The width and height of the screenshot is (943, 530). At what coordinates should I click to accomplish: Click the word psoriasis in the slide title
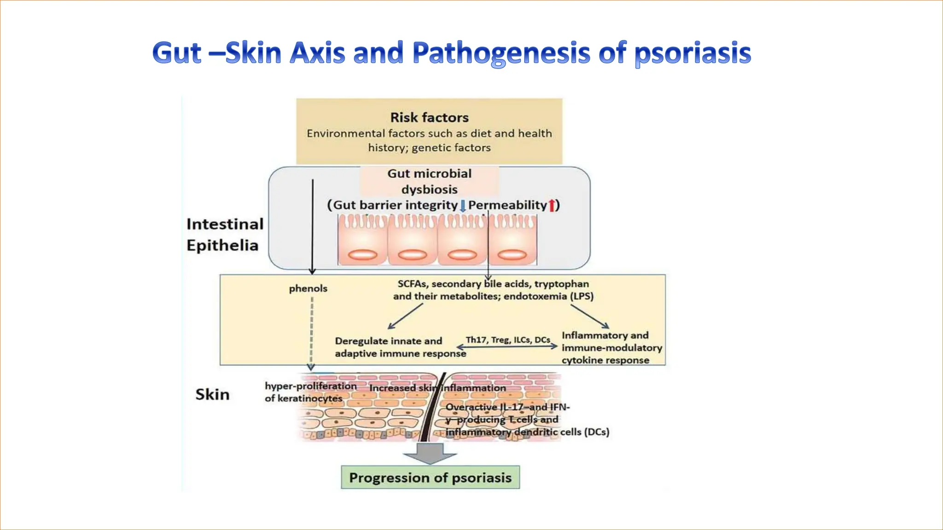pyautogui.click(x=693, y=53)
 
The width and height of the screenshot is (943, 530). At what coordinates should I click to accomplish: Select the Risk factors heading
pyautogui.click(x=429, y=117)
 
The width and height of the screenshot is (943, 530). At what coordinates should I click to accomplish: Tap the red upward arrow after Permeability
pyautogui.click(x=551, y=205)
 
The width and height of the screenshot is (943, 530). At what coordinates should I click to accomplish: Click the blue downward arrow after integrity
pyautogui.click(x=463, y=206)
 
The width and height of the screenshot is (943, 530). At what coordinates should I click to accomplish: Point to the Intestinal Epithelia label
pyautogui.click(x=225, y=235)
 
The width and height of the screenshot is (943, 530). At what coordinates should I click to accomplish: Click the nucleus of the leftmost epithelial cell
pyautogui.click(x=363, y=254)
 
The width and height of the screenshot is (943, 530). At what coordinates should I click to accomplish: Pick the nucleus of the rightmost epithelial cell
pyautogui.click(x=512, y=254)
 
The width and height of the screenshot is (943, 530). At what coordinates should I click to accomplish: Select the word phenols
pyautogui.click(x=308, y=288)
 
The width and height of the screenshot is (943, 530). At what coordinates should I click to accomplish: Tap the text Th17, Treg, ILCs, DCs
pyautogui.click(x=508, y=340)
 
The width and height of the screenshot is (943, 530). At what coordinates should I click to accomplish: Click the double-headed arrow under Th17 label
pyautogui.click(x=507, y=347)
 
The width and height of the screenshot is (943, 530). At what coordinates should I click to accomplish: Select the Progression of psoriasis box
pyautogui.click(x=430, y=478)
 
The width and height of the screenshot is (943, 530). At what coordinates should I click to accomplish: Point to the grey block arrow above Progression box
pyautogui.click(x=430, y=454)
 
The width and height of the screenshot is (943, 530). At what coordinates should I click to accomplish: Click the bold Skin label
pyautogui.click(x=212, y=394)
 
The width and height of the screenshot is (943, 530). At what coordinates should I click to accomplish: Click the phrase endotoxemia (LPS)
pyautogui.click(x=548, y=296)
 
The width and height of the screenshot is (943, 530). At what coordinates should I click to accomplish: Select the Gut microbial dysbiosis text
pyautogui.click(x=429, y=181)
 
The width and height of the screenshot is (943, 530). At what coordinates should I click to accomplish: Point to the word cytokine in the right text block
pyautogui.click(x=582, y=360)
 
